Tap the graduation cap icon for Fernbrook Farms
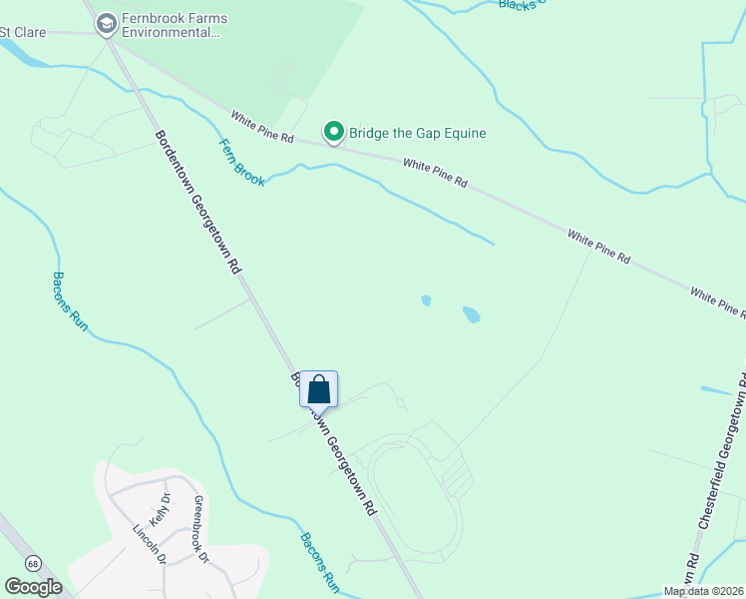(x=107, y=22)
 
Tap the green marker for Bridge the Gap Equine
(x=333, y=132)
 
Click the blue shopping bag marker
(x=318, y=389)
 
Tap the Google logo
(x=34, y=587)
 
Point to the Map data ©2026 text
(x=703, y=591)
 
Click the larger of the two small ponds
(x=471, y=315)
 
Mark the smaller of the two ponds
(x=426, y=299)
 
